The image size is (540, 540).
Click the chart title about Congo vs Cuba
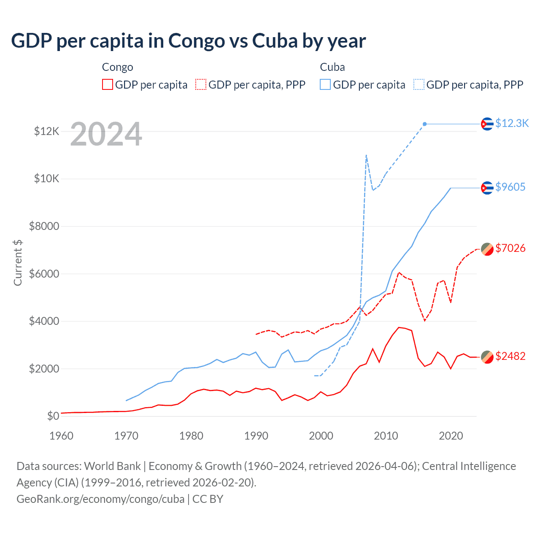pyautogui.click(x=188, y=41)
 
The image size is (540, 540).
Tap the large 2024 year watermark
pyautogui.click(x=106, y=135)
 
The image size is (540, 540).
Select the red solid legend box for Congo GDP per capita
pyautogui.click(x=108, y=85)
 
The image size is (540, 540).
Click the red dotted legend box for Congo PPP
pyautogui.click(x=201, y=85)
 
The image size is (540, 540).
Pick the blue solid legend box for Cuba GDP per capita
pyautogui.click(x=325, y=85)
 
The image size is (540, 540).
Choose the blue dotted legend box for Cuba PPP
pyautogui.click(x=419, y=85)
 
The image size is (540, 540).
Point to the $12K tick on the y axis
pyautogui.click(x=47, y=131)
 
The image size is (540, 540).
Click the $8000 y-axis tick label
pyautogui.click(x=44, y=226)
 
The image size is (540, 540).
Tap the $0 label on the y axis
pyautogui.click(x=53, y=416)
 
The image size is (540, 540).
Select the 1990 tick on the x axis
pyautogui.click(x=256, y=436)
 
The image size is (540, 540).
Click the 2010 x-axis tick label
pyautogui.click(x=386, y=436)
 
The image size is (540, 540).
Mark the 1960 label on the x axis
pyautogui.click(x=62, y=436)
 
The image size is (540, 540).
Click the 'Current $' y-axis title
pyautogui.click(x=18, y=262)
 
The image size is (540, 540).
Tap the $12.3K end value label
pyautogui.click(x=512, y=123)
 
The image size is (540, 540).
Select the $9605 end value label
pyautogui.click(x=510, y=187)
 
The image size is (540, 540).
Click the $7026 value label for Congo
pyautogui.click(x=510, y=248)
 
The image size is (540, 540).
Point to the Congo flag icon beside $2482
pyautogui.click(x=487, y=356)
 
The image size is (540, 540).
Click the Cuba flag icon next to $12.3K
pyautogui.click(x=487, y=124)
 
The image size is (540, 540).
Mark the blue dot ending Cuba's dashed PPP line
pyautogui.click(x=425, y=124)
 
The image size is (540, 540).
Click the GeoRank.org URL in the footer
pyautogui.click(x=100, y=499)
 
